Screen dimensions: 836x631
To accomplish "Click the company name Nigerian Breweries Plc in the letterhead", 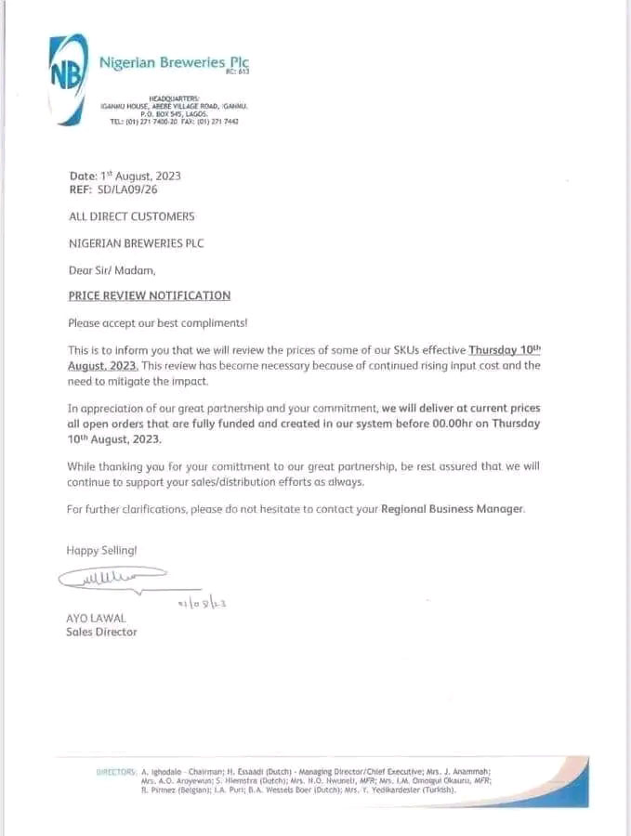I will tap(174, 62).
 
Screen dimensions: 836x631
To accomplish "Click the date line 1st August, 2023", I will tap(125, 176).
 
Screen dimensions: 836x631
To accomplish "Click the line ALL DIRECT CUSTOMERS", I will tap(132, 216).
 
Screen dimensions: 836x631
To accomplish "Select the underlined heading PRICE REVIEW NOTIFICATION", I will tap(150, 296).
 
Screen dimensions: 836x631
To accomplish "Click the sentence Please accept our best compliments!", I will tap(157, 322).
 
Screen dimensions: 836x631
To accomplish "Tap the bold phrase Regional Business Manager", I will tap(453, 509).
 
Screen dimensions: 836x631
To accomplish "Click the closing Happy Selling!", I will tap(101, 551).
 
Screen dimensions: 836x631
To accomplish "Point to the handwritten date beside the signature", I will tap(203, 603).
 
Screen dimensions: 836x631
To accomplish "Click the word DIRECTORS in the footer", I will tap(116, 772).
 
